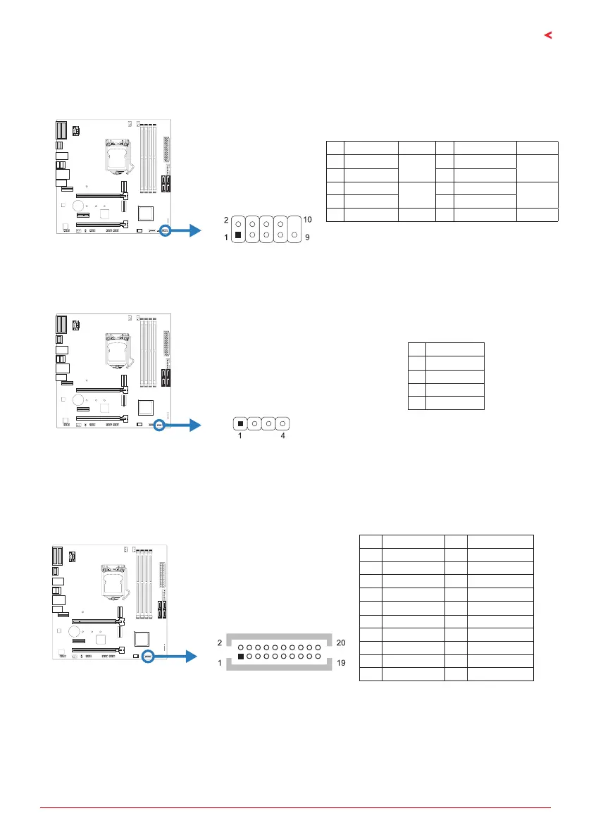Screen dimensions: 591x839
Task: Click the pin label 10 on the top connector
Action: click(x=308, y=221)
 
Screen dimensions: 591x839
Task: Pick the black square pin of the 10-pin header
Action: click(x=239, y=235)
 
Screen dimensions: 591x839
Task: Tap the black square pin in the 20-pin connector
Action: click(x=242, y=657)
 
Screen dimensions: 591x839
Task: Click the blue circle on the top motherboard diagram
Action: click(x=166, y=230)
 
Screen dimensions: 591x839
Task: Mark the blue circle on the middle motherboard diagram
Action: click(x=159, y=425)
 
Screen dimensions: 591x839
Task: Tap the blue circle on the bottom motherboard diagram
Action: click(x=149, y=656)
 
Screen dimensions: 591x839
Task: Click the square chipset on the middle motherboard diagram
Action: click(x=147, y=406)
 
